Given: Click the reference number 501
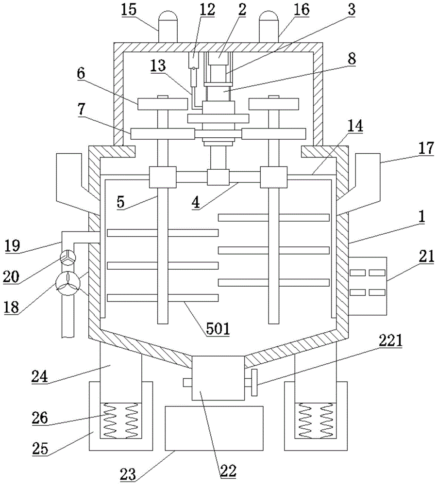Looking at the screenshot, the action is (218, 328).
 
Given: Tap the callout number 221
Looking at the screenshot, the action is (390, 340).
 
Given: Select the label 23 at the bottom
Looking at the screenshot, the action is (128, 474).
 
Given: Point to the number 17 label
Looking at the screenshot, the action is (426, 148).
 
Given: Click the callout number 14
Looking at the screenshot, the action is (355, 126).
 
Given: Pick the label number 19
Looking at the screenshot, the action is (13, 245).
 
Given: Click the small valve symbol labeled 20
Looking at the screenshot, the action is (67, 258).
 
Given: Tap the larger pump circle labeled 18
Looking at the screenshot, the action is (68, 283).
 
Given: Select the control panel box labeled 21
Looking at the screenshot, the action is (367, 286).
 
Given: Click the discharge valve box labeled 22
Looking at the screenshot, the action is (218, 378).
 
